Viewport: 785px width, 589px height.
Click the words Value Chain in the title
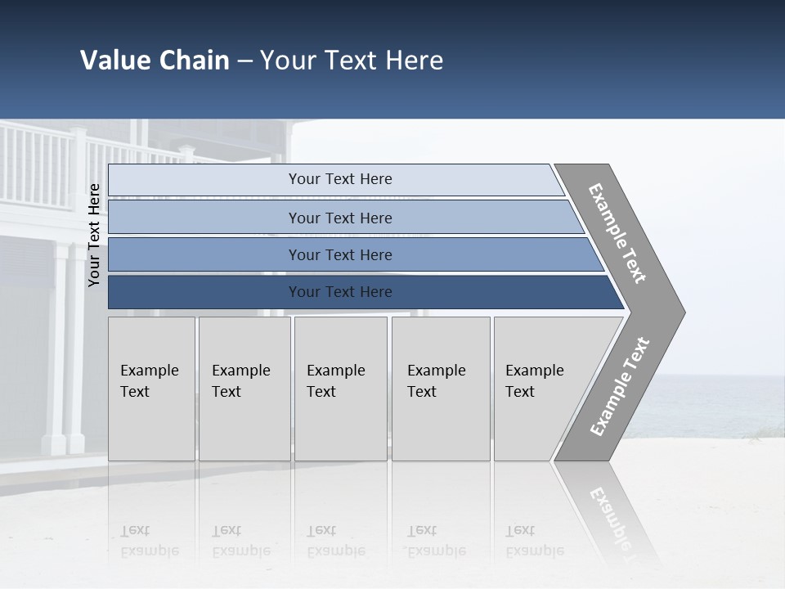(155, 61)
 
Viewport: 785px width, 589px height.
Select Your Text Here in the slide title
(352, 61)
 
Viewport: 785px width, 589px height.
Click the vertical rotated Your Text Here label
(94, 235)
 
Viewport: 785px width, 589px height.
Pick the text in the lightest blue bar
(340, 179)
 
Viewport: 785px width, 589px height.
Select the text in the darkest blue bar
(340, 292)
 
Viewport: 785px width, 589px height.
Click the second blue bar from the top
(340, 218)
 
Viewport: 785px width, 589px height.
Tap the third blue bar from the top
(340, 255)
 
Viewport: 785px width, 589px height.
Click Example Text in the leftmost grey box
(149, 381)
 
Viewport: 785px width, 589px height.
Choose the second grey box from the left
(244, 389)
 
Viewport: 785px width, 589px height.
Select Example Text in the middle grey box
(335, 381)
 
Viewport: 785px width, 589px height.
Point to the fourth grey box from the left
(440, 389)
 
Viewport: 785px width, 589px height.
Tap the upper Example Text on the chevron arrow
(617, 233)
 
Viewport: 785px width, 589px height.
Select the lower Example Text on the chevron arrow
(619, 386)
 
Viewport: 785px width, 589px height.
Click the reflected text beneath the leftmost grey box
(149, 541)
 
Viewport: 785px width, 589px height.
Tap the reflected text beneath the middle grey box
(335, 541)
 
